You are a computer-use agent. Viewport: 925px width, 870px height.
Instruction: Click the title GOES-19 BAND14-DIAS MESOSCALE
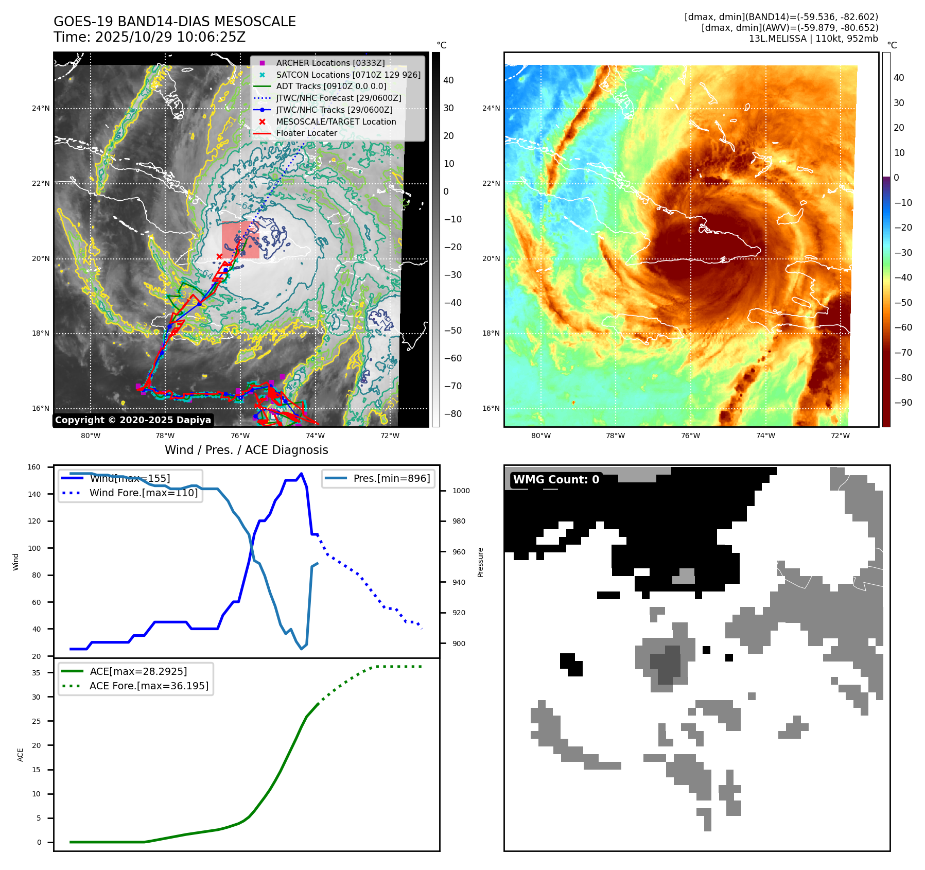pos(174,22)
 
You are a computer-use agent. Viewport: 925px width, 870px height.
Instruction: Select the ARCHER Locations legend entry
pos(330,63)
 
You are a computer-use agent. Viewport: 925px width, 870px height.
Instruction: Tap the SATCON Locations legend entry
pos(348,75)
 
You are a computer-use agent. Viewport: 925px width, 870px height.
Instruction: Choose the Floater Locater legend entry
pos(306,133)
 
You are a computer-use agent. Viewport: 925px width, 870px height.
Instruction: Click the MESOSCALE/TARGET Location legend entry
pos(336,121)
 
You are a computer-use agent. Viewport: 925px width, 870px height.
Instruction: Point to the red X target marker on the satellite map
pos(219,256)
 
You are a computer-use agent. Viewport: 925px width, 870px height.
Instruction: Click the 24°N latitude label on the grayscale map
pos(41,109)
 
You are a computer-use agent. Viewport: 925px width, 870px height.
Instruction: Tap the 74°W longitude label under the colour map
pos(765,436)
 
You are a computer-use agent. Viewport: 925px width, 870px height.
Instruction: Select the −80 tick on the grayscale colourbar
pos(453,414)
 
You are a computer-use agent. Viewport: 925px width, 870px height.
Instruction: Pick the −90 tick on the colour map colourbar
pos(903,403)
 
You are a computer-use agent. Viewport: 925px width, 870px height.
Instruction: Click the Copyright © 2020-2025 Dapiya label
pos(133,420)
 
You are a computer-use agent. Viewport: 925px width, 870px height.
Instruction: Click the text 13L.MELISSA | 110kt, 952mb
pos(813,39)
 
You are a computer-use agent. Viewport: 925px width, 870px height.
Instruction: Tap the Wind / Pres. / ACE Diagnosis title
pos(246,450)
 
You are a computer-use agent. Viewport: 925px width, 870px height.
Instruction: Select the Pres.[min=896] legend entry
pos(391,478)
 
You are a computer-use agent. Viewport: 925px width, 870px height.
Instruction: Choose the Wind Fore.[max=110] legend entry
pos(143,493)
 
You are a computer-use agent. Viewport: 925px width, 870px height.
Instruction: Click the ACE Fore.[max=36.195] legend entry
pos(149,686)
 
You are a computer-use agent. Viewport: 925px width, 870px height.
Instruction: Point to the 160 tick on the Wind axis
pos(34,467)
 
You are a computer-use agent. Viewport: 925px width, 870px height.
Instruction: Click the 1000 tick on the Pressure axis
pos(461,491)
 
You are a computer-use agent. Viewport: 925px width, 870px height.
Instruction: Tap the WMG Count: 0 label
pos(556,480)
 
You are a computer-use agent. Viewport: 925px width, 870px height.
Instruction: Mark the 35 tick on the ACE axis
pos(37,673)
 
